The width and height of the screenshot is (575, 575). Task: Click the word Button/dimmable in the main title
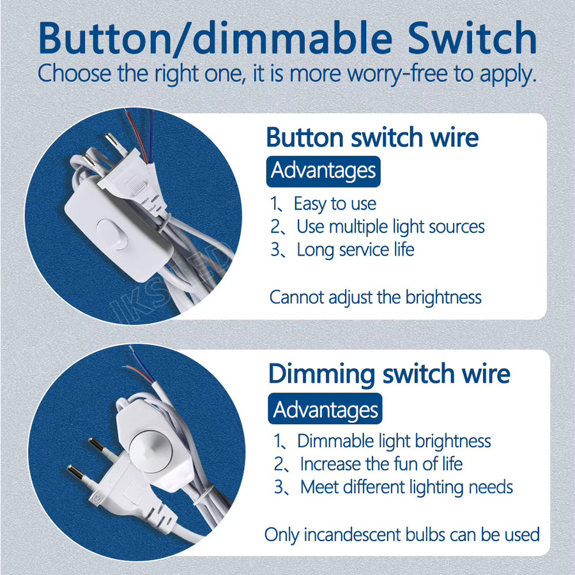pyautogui.click(x=216, y=38)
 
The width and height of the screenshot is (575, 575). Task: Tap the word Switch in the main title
pyautogui.click(x=472, y=38)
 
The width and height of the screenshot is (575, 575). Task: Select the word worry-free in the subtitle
pyautogui.click(x=397, y=73)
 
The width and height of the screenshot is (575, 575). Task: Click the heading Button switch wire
pyautogui.click(x=372, y=137)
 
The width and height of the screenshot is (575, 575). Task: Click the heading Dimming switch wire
pyautogui.click(x=389, y=374)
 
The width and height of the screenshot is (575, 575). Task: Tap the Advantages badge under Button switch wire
pyautogui.click(x=323, y=171)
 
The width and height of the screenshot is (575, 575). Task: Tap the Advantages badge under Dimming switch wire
pyautogui.click(x=325, y=408)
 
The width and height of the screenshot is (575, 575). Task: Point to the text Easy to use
pyautogui.click(x=335, y=204)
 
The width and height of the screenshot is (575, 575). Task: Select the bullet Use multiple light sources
pyautogui.click(x=390, y=227)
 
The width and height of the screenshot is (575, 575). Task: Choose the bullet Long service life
pyautogui.click(x=355, y=250)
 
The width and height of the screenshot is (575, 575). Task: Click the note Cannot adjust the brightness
pyautogui.click(x=375, y=297)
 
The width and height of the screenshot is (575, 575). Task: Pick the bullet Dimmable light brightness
pyautogui.click(x=394, y=441)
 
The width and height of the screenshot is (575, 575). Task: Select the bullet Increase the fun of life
pyautogui.click(x=381, y=464)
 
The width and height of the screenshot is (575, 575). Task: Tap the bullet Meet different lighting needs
pyautogui.click(x=406, y=487)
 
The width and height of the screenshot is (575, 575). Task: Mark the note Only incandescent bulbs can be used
pyautogui.click(x=402, y=535)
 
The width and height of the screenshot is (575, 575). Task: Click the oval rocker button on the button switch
pyautogui.click(x=112, y=234)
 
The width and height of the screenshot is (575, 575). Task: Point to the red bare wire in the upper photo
pyautogui.click(x=136, y=135)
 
